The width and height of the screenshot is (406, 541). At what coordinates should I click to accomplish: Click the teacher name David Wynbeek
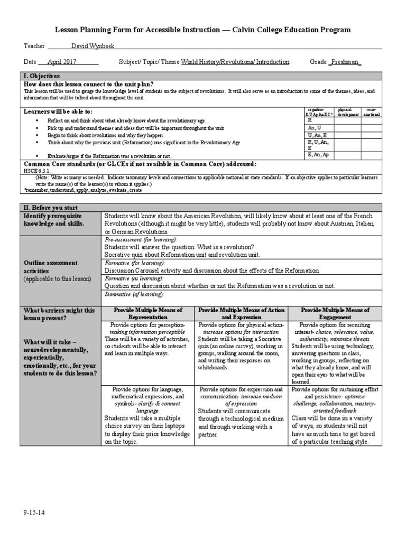(85, 46)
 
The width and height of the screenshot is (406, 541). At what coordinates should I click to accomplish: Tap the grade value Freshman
(345, 62)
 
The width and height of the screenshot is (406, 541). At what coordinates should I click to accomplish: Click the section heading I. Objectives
(42, 76)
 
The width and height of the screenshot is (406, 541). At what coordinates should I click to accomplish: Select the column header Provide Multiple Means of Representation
(147, 313)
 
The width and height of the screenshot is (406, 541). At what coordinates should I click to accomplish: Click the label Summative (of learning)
(134, 294)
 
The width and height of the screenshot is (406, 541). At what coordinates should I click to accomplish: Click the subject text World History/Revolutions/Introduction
(235, 62)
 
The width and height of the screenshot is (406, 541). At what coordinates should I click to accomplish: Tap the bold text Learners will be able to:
(58, 111)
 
